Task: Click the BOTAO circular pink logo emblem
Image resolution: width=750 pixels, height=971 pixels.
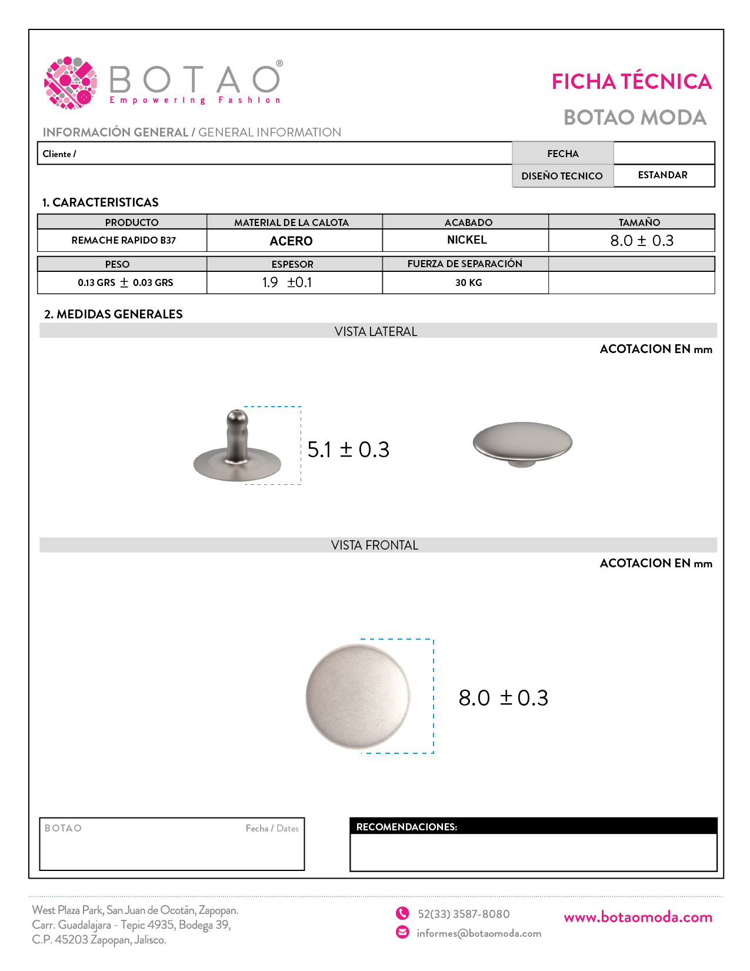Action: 71,83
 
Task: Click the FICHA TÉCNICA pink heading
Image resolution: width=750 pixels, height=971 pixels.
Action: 631,81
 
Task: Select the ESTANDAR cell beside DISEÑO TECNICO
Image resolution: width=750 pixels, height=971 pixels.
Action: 662,175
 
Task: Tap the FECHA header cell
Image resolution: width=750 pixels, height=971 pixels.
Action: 562,154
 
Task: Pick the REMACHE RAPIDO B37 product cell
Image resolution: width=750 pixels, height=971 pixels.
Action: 124,240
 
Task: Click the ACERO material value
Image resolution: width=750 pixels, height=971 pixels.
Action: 291,241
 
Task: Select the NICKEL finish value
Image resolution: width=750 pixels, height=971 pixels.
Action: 466,240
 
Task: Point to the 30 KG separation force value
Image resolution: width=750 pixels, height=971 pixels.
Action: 468,282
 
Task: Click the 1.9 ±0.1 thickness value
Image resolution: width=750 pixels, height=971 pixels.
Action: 287,282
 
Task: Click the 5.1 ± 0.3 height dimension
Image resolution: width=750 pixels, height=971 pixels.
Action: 348,450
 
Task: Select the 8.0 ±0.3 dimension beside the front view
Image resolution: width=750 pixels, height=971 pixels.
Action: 503,698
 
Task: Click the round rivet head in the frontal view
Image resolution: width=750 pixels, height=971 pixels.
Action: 358,697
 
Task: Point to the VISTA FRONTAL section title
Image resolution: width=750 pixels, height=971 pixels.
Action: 375,545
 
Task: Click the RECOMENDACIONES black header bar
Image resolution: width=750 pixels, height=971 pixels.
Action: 533,826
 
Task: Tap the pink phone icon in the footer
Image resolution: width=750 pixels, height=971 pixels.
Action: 402,913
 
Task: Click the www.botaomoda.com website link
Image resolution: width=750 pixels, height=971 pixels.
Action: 638,917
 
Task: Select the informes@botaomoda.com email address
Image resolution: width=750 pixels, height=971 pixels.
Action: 479,933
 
